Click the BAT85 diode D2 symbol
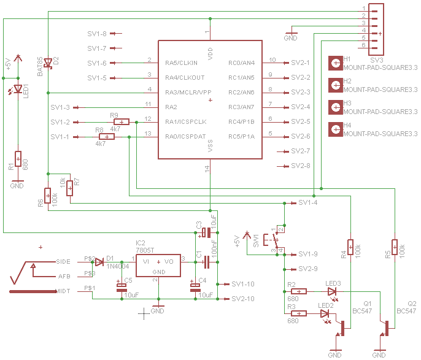(x=48, y=63)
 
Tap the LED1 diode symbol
(x=18, y=88)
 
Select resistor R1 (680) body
(x=18, y=159)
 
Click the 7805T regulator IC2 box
(x=158, y=266)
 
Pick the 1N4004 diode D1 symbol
(x=99, y=262)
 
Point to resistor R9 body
(x=122, y=122)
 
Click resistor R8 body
(x=107, y=137)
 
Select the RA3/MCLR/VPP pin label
(x=188, y=92)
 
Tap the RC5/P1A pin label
(x=241, y=137)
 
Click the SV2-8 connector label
(x=301, y=166)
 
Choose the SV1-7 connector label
(x=97, y=48)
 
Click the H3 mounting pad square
(x=336, y=107)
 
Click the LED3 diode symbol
(x=332, y=292)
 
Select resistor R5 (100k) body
(x=395, y=247)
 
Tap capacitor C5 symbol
(x=122, y=288)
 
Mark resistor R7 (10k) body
(x=70, y=188)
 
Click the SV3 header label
(x=376, y=60)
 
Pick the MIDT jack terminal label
(x=63, y=291)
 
